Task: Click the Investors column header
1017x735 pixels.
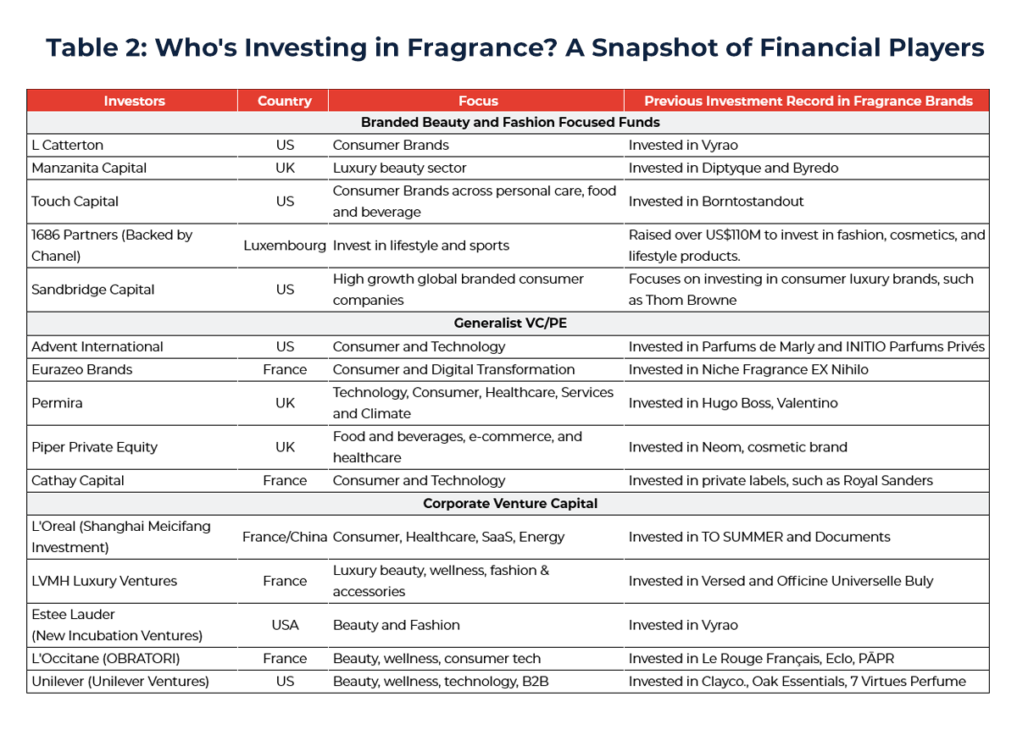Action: (x=134, y=101)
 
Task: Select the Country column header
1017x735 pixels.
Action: (x=284, y=101)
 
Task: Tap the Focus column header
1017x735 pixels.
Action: (x=478, y=101)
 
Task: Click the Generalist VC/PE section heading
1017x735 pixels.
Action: (x=509, y=323)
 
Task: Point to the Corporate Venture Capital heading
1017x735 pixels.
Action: (x=510, y=503)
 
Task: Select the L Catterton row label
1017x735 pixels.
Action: (x=68, y=146)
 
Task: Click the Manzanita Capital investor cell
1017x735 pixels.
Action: (x=89, y=168)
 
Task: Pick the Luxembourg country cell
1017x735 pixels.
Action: (x=285, y=246)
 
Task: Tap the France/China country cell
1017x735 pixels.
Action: (x=285, y=537)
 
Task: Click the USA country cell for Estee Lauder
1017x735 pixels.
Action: (x=286, y=625)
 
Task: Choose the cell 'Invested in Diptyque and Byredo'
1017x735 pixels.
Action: (x=733, y=168)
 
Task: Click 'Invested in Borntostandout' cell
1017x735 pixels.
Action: (x=717, y=202)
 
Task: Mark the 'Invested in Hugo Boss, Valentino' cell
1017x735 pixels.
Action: (x=732, y=403)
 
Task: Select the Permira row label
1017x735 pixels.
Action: (x=58, y=403)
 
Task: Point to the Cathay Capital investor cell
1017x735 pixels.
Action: (x=78, y=480)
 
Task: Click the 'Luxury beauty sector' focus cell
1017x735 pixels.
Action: (x=399, y=168)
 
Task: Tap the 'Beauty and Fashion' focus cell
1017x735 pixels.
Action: (x=396, y=625)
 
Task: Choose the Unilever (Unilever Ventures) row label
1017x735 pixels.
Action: (x=120, y=681)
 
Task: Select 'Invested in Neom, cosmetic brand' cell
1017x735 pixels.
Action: (x=737, y=447)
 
